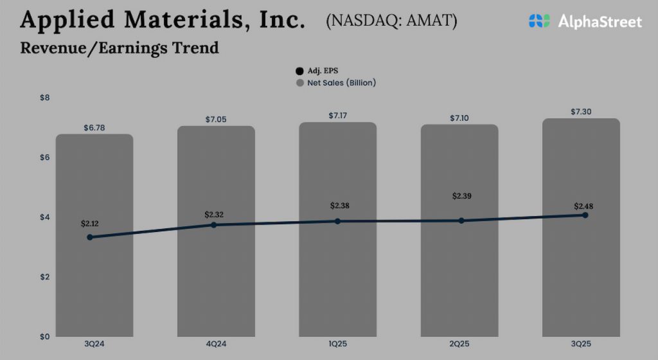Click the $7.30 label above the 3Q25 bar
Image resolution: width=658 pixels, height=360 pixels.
click(581, 112)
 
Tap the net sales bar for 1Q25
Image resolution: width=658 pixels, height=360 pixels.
click(337, 283)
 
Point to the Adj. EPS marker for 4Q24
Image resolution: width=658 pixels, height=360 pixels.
click(214, 224)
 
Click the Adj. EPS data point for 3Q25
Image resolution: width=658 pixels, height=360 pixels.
click(585, 215)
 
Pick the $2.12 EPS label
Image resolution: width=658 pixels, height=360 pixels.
click(91, 224)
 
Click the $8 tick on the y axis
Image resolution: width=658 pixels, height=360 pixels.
click(45, 98)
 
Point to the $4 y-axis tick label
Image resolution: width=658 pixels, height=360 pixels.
click(45, 217)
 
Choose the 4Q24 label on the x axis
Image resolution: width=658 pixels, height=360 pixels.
click(216, 345)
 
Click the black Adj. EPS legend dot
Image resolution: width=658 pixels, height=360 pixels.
click(299, 71)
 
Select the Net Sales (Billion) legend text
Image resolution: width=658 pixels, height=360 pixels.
click(341, 83)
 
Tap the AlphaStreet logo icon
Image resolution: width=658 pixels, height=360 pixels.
click(539, 21)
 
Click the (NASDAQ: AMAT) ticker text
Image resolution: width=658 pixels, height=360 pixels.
click(391, 21)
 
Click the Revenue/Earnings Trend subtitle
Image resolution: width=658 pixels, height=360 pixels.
click(120, 48)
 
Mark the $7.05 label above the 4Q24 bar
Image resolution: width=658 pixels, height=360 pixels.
click(215, 120)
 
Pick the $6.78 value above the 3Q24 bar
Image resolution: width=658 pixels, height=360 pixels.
click(94, 128)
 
